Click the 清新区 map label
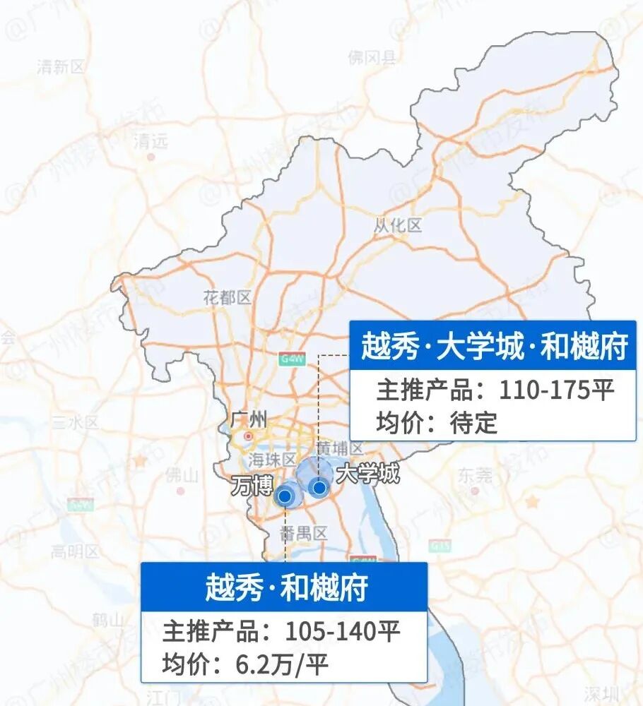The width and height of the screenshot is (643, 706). pyautogui.click(x=60, y=67)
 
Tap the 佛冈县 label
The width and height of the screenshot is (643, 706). pyautogui.click(x=372, y=57)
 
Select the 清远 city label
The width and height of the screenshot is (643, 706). pyautogui.click(x=151, y=140)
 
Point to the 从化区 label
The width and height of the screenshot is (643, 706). pyautogui.click(x=398, y=226)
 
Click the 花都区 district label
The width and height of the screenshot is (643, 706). pyautogui.click(x=227, y=298)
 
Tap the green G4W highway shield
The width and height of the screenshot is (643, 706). pyautogui.click(x=291, y=359)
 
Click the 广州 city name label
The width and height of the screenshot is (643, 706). pyautogui.click(x=249, y=421)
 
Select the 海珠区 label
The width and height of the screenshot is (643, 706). pyautogui.click(x=271, y=460)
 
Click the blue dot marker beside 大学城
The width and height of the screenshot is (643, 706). pyautogui.click(x=319, y=487)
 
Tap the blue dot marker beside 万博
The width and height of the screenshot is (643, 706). pyautogui.click(x=285, y=497)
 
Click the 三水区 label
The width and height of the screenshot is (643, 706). pyautogui.click(x=76, y=423)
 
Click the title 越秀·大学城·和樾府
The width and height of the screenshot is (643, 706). pyautogui.click(x=495, y=347)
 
